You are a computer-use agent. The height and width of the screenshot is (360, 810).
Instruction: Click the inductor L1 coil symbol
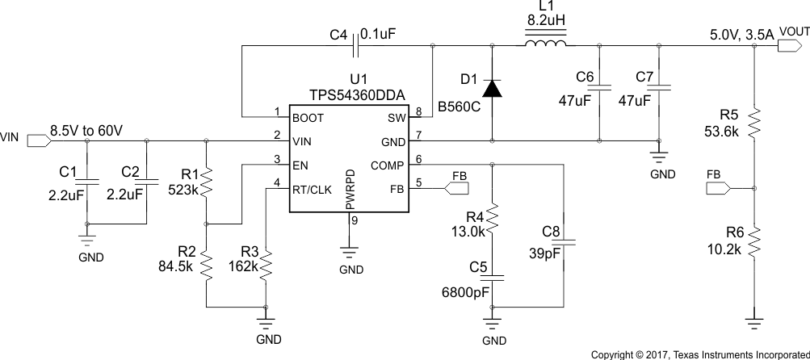(x=546, y=45)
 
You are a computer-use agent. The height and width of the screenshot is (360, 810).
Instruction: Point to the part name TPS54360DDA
(x=355, y=94)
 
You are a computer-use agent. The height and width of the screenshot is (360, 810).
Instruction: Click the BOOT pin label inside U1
(x=308, y=117)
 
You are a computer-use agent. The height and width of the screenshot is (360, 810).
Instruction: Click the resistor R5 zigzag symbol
(x=753, y=123)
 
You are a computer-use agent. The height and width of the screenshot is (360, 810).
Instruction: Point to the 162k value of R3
(x=243, y=266)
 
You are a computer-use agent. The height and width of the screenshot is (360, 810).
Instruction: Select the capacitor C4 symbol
(x=355, y=46)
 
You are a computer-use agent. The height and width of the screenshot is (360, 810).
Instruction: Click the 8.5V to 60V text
(x=86, y=129)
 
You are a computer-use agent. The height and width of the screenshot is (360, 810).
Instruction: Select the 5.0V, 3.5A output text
(x=741, y=35)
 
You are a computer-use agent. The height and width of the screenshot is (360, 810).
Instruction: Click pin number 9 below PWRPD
(x=353, y=220)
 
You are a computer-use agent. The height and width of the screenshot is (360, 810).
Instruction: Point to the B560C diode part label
(x=458, y=107)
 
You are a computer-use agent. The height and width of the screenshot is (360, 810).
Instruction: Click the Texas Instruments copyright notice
(x=699, y=354)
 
